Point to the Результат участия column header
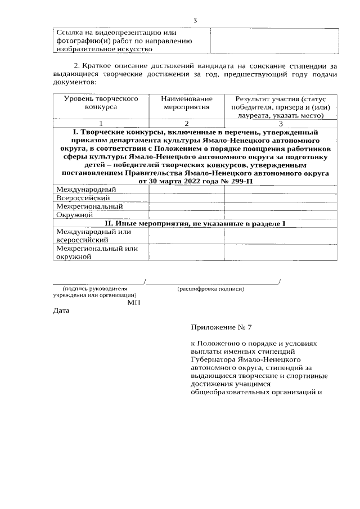[282, 107]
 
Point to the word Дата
[61, 310]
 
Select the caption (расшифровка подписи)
[210, 289]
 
